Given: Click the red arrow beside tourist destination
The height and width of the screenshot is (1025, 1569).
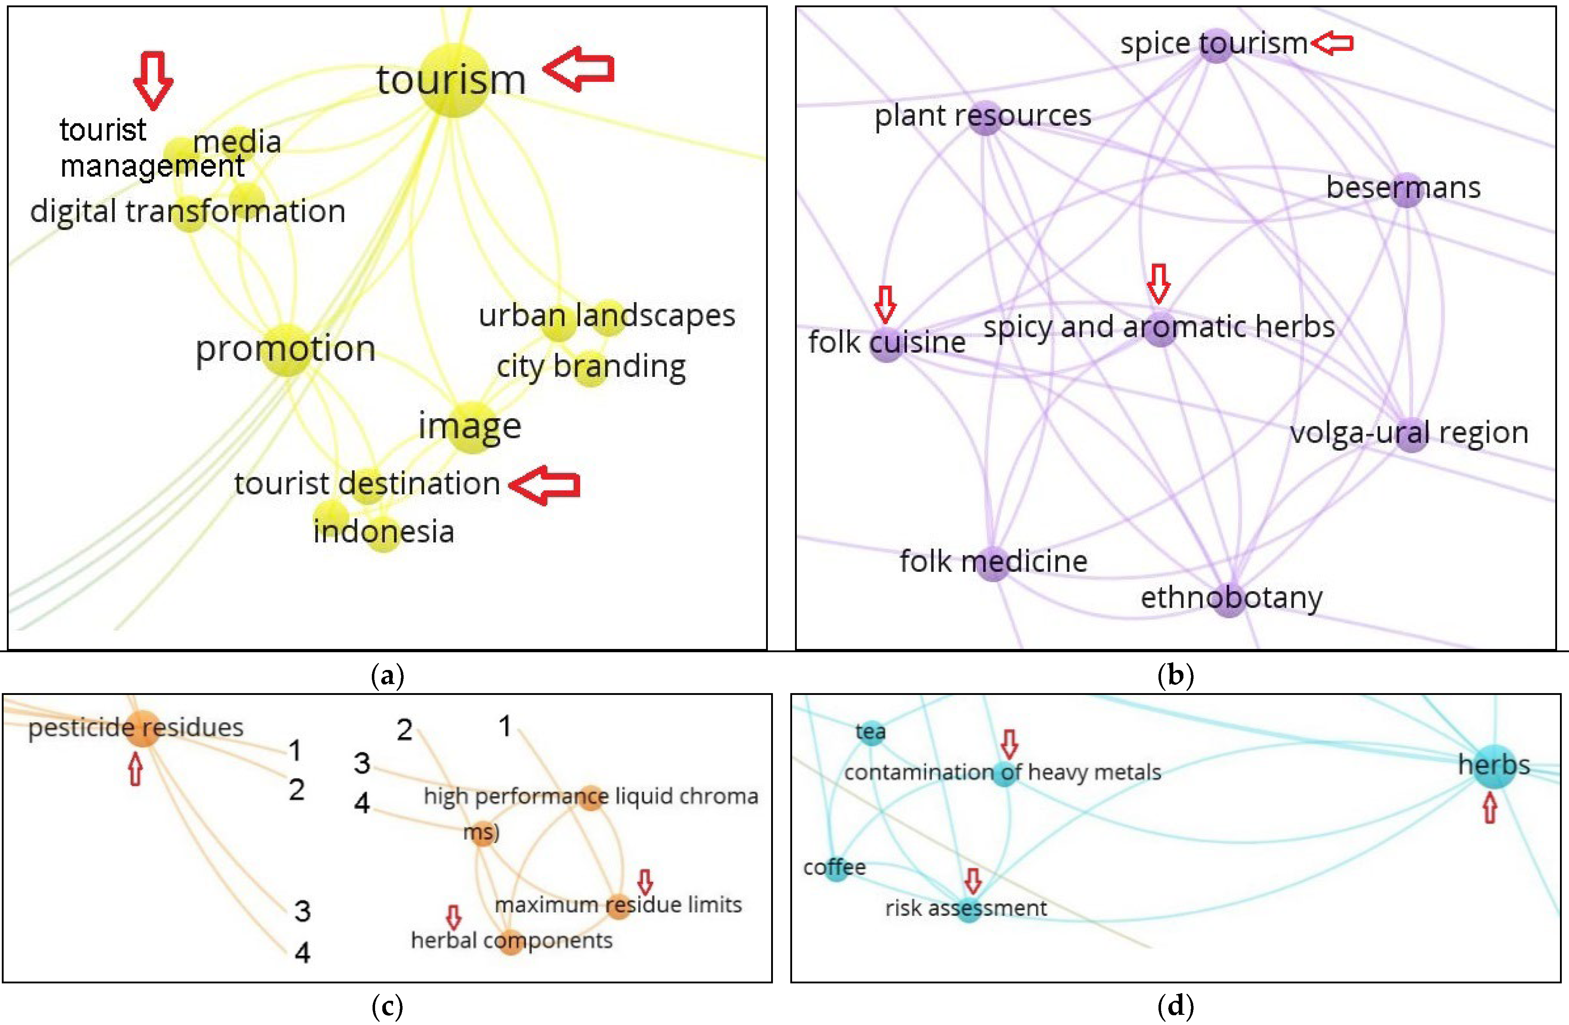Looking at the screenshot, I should pos(545,485).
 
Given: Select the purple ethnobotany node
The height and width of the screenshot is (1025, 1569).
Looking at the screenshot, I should pos(1230,600).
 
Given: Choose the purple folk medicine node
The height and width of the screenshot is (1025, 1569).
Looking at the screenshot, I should pos(993,563).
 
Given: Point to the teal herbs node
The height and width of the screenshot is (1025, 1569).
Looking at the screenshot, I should pos(1494,767).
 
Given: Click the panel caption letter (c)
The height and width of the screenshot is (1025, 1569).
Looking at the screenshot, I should pos(387,1007).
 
